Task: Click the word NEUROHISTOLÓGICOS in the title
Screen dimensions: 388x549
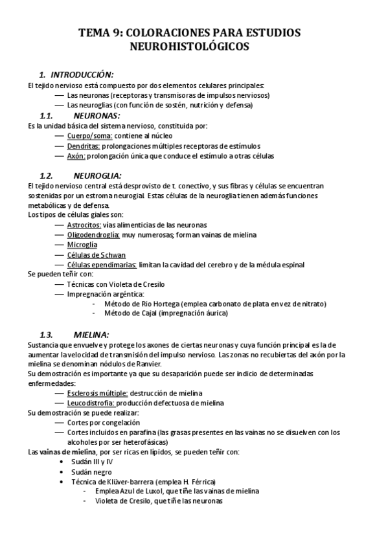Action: [194, 47]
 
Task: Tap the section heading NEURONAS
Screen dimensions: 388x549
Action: [97, 115]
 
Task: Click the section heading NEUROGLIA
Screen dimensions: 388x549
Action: [98, 175]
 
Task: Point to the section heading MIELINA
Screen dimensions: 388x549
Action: [91, 335]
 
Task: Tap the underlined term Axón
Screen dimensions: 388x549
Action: [76, 155]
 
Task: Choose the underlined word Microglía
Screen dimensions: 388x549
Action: [82, 245]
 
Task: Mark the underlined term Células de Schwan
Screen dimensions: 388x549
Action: [96, 254]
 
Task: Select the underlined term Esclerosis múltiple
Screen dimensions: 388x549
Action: [97, 393]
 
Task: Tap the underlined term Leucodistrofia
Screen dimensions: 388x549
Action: [91, 403]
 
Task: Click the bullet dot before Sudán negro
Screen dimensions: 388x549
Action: [62, 472]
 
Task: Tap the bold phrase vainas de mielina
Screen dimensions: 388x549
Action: [63, 451]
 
